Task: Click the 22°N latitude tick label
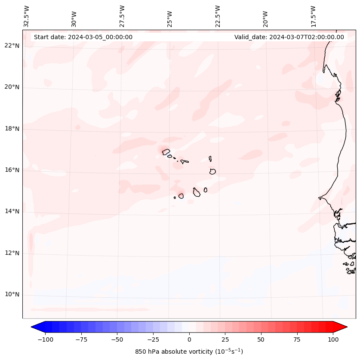coord(12,46)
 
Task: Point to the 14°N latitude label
coord(12,211)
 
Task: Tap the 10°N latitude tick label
coord(12,295)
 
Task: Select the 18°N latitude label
coord(12,129)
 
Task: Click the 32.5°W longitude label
coord(27,16)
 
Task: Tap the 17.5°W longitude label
coord(313,16)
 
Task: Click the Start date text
coord(83,37)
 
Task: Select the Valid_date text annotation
coord(289,37)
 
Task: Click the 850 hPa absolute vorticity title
coord(189,352)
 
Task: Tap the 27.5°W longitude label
coord(122,16)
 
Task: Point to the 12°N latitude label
coord(12,253)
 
